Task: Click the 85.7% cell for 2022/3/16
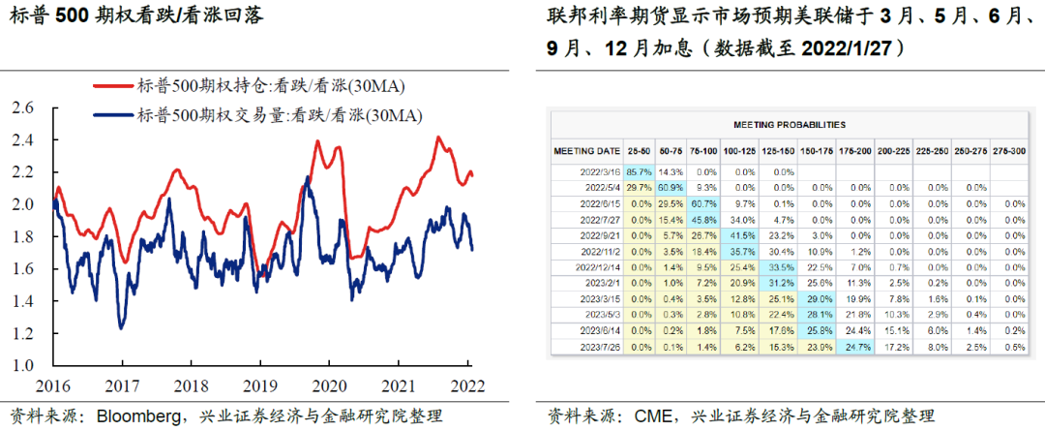(x=638, y=170)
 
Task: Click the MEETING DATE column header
(x=586, y=151)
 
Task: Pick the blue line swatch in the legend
(x=111, y=116)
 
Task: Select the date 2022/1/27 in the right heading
(x=852, y=48)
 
